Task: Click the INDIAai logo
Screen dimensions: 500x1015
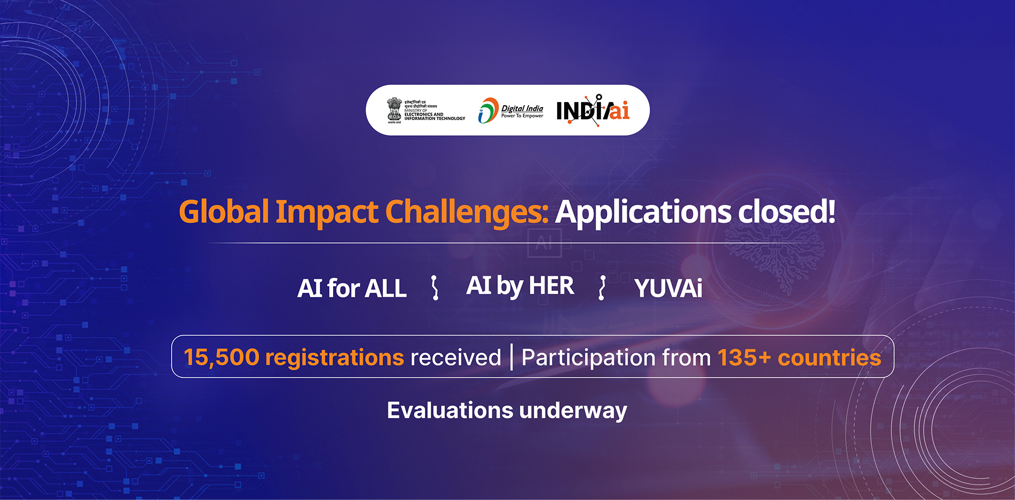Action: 593,110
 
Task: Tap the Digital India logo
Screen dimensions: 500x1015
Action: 511,110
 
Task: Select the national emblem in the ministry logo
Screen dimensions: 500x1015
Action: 394,109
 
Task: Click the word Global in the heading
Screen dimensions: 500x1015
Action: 224,212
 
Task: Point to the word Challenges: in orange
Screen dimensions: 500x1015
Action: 467,212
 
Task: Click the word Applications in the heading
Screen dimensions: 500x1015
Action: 643,212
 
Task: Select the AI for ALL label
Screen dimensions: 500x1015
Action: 352,289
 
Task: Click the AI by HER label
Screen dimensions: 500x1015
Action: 520,286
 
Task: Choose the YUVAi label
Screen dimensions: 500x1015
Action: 668,289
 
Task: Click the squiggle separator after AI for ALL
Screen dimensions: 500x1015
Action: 435,288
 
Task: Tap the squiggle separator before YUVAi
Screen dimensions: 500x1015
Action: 602,288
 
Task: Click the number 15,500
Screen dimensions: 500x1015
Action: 222,357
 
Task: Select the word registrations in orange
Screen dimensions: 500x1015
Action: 335,358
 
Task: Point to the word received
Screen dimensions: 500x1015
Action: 456,358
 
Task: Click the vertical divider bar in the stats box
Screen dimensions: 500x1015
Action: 511,357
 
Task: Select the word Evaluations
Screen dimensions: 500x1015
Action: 450,410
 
